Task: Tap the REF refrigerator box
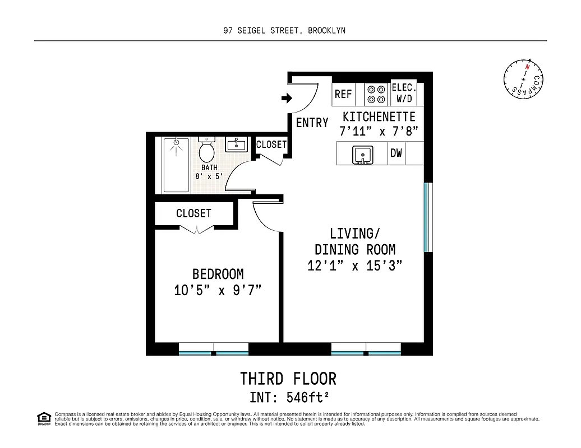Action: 343,94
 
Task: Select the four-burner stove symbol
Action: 376,94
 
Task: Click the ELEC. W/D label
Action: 404,94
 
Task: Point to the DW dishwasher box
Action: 396,153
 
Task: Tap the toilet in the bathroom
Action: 206,148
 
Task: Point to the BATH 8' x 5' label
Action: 209,172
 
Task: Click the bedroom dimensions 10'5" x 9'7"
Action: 218,291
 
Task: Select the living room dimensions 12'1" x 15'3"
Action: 355,266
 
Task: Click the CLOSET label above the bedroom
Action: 193,213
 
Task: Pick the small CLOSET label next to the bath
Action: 271,144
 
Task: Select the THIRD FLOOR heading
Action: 288,379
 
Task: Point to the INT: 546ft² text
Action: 288,398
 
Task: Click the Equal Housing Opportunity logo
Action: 43,418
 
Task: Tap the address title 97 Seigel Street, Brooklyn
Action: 284,31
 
